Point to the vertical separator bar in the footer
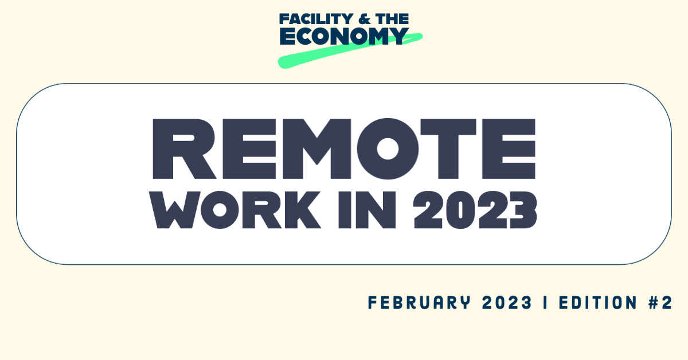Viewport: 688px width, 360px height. (x=544, y=303)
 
